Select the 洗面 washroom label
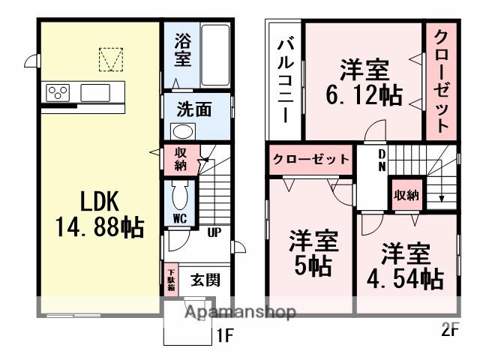coord(194,109)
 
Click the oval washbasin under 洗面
coord(182,130)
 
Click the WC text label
coord(180,220)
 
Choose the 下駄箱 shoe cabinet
coord(171,280)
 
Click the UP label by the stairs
coord(214,233)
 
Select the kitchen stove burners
coord(57,92)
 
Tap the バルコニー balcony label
coord(285,79)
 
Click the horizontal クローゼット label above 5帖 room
coord(310,159)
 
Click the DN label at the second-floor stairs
coord(382,160)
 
